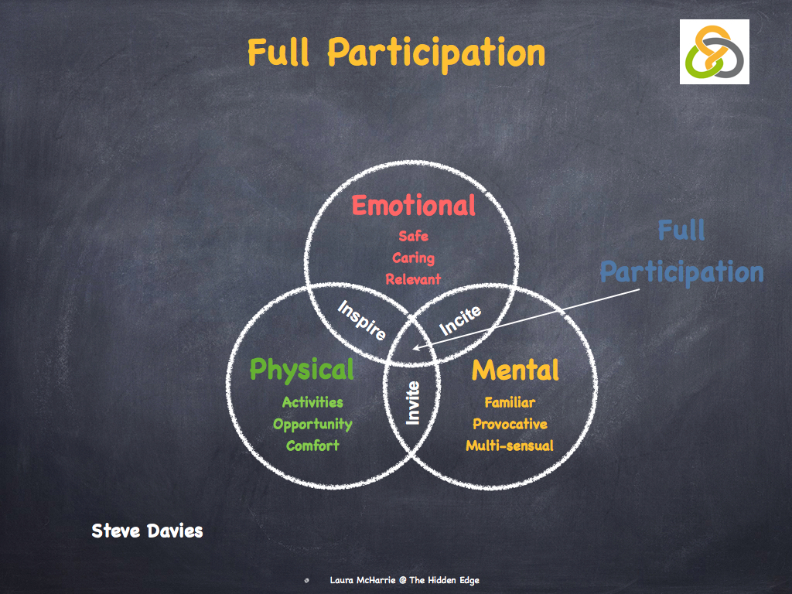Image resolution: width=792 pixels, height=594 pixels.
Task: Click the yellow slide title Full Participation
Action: pos(396,53)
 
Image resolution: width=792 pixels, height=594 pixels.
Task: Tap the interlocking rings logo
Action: pos(714,52)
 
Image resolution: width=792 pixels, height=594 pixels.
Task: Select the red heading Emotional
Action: pos(413,206)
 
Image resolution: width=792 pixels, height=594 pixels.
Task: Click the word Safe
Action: pos(413,237)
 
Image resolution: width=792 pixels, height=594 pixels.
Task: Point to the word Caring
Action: pos(413,258)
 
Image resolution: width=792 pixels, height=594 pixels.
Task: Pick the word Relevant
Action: pos(413,278)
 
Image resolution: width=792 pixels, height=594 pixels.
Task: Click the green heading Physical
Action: pos(302,370)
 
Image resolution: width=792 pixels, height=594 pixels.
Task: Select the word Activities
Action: pos(312,402)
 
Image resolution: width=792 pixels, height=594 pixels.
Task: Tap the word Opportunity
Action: pos(312,424)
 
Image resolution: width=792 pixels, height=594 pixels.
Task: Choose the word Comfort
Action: pos(312,445)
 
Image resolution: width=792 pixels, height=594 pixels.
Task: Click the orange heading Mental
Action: pos(515,370)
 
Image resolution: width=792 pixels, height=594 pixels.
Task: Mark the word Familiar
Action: pos(510,402)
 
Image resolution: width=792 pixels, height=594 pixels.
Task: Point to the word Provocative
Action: pos(510,424)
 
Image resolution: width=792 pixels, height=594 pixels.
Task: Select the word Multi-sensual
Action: pos(510,445)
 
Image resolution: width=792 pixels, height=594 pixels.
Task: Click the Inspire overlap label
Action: pos(363,321)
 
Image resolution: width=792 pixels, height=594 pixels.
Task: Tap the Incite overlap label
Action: pos(460,320)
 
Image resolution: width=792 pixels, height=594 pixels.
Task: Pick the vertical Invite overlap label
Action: pos(413,402)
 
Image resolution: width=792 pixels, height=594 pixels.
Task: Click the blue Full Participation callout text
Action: pos(681,251)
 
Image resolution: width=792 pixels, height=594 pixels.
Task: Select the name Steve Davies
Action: pos(147,531)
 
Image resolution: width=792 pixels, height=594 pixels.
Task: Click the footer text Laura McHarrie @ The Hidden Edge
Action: pos(409,580)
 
